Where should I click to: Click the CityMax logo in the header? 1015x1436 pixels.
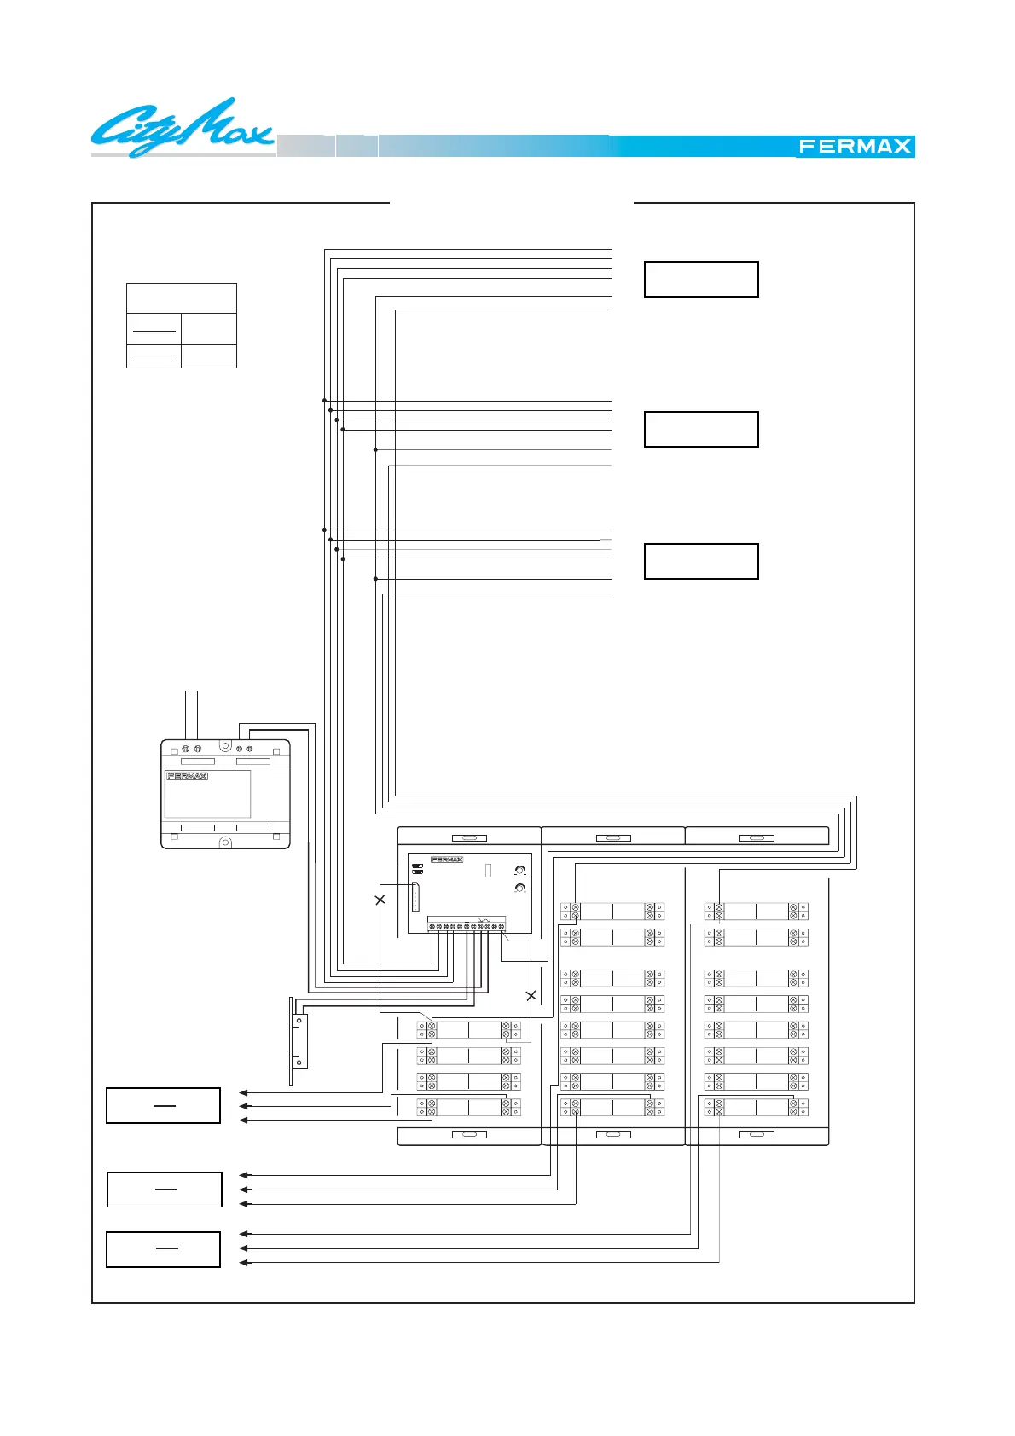click(x=182, y=128)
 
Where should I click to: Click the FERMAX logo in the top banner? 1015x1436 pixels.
click(x=855, y=147)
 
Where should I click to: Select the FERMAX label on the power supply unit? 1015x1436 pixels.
click(x=188, y=776)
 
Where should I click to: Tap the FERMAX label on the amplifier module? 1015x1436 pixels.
click(x=447, y=860)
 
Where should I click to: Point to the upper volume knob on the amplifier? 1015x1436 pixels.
click(x=519, y=871)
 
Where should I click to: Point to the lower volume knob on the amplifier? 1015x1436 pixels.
click(x=519, y=889)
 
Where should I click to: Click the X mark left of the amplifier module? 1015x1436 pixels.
click(x=380, y=900)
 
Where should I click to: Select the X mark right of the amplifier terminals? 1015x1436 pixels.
click(x=531, y=995)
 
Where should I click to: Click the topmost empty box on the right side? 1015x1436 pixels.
click(x=701, y=279)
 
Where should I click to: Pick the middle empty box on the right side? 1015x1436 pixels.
click(x=701, y=429)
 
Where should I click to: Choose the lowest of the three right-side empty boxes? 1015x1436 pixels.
click(x=701, y=561)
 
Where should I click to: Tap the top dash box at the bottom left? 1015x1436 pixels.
click(x=164, y=1105)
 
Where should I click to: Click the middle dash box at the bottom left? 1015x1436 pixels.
click(x=165, y=1190)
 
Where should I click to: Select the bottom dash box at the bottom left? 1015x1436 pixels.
click(x=164, y=1249)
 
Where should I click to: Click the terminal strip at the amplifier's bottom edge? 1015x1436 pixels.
click(x=467, y=925)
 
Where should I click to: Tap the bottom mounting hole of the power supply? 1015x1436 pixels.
click(x=225, y=842)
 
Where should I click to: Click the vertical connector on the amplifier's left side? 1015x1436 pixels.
click(x=416, y=896)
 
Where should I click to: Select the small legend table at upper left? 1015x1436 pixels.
click(x=182, y=326)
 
